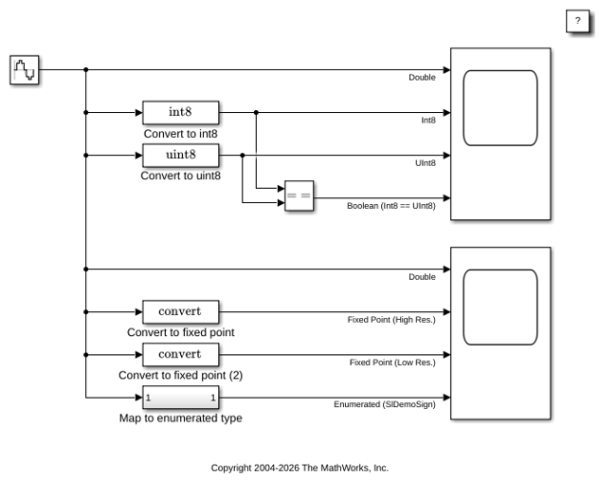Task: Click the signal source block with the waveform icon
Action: click(24, 69)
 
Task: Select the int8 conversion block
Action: click(181, 113)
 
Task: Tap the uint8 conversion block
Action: click(181, 156)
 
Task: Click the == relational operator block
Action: click(299, 195)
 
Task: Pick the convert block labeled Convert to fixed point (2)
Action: click(181, 355)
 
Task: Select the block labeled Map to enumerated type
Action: click(181, 398)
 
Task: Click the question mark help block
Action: click(577, 21)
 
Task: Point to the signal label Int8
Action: click(428, 121)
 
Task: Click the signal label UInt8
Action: click(426, 163)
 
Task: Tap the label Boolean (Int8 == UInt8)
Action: click(391, 206)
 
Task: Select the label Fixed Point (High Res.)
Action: click(391, 320)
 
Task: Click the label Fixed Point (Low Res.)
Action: click(392, 363)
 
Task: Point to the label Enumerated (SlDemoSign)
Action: click(385, 404)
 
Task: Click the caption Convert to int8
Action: click(181, 134)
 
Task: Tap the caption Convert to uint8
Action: click(181, 176)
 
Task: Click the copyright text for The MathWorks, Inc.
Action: click(299, 468)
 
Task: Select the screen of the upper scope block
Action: click(500, 108)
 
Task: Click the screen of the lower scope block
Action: click(500, 307)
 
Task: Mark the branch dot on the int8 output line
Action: click(256, 113)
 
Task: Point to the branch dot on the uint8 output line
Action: click(243, 156)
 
